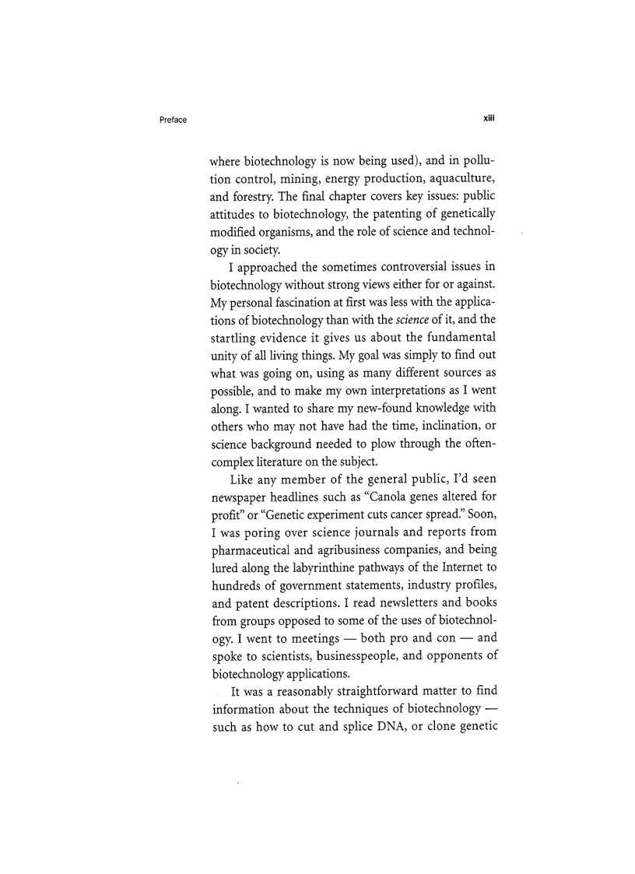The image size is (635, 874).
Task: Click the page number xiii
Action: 489,119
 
